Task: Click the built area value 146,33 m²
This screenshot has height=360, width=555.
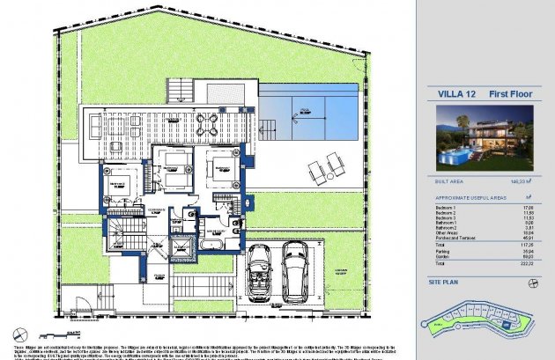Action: pos(527,181)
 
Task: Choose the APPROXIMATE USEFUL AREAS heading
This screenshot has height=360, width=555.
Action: pos(463,198)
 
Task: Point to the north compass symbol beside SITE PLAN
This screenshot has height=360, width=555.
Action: pos(533,283)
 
